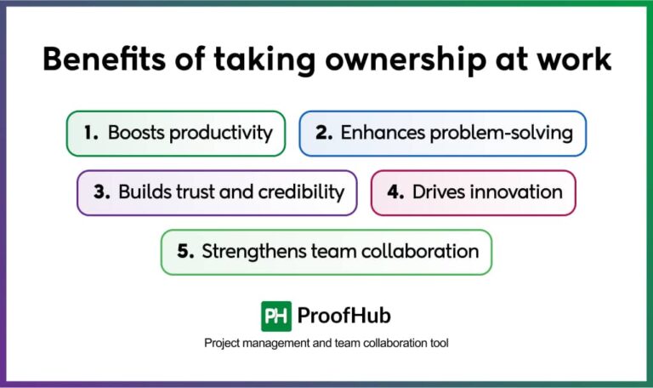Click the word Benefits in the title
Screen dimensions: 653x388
104,59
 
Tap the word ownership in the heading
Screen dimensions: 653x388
406,61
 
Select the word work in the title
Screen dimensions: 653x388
574,59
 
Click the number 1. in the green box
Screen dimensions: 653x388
91,133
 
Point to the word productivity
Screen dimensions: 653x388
221,134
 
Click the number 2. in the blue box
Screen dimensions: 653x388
324,133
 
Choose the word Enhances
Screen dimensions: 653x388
383,133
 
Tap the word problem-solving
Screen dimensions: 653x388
502,134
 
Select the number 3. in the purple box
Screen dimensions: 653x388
102,192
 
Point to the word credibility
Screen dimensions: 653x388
301,193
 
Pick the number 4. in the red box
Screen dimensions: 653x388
395,192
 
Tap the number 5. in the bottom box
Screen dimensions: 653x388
185,251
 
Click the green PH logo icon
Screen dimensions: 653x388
276,317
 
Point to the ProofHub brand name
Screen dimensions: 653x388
344,316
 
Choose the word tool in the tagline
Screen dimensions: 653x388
439,343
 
